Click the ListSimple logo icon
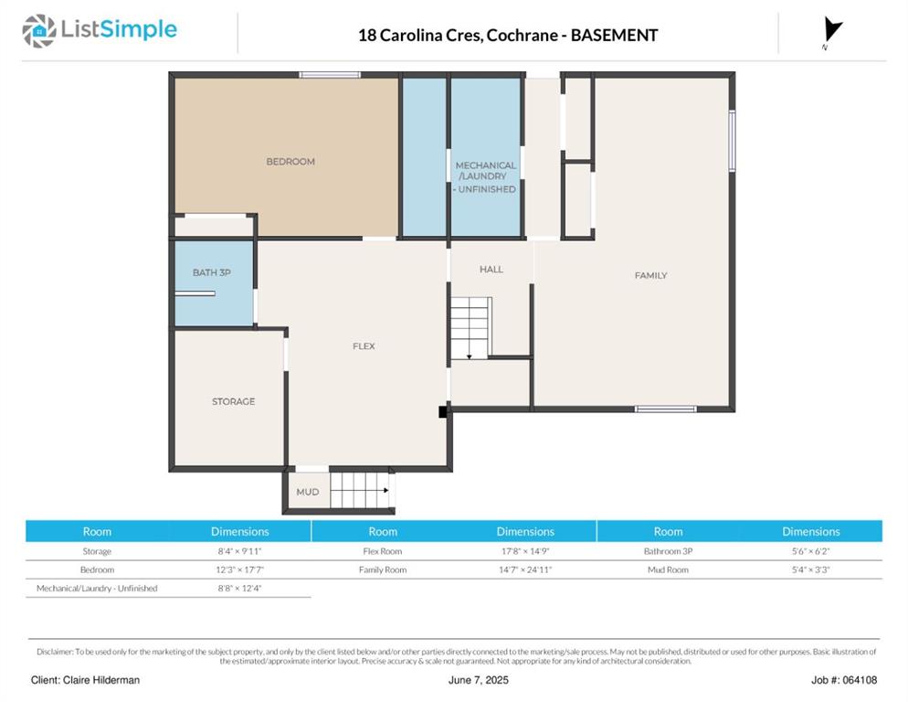pyautogui.click(x=38, y=31)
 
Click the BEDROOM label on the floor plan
pyautogui.click(x=290, y=162)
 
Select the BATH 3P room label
pyautogui.click(x=212, y=272)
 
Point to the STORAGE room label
pyautogui.click(x=233, y=401)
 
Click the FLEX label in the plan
pyautogui.click(x=364, y=346)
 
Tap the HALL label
pyautogui.click(x=491, y=269)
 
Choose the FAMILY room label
pyautogui.click(x=651, y=275)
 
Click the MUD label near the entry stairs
pyautogui.click(x=308, y=492)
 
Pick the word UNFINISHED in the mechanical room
pyautogui.click(x=487, y=189)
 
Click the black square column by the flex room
pyautogui.click(x=443, y=411)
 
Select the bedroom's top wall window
pyautogui.click(x=330, y=75)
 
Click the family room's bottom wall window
pyautogui.click(x=665, y=409)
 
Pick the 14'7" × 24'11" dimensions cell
pyautogui.click(x=525, y=569)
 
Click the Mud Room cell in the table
pyautogui.click(x=669, y=569)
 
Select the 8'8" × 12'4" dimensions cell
pyautogui.click(x=239, y=589)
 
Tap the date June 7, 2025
pyautogui.click(x=479, y=680)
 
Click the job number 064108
pyautogui.click(x=860, y=680)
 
